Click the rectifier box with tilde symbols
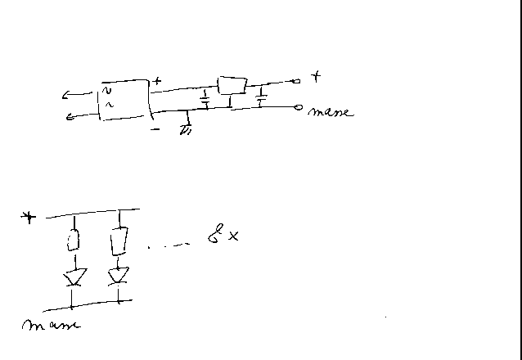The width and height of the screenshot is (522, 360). pyautogui.click(x=123, y=100)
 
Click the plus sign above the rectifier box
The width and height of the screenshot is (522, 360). pyautogui.click(x=156, y=81)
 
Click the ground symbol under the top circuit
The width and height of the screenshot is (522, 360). pyautogui.click(x=187, y=128)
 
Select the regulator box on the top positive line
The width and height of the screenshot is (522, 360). pyautogui.click(x=232, y=84)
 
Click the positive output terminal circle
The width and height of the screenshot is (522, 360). pyautogui.click(x=297, y=80)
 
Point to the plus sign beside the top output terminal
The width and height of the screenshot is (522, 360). pyautogui.click(x=316, y=76)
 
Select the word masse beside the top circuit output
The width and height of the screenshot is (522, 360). pyautogui.click(x=331, y=111)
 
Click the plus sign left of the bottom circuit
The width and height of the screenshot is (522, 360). pyautogui.click(x=29, y=218)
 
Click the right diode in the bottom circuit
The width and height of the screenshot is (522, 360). pyautogui.click(x=119, y=275)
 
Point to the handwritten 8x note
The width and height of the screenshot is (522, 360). pyautogui.click(x=223, y=237)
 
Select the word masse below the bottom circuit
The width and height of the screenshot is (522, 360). pyautogui.click(x=51, y=325)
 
